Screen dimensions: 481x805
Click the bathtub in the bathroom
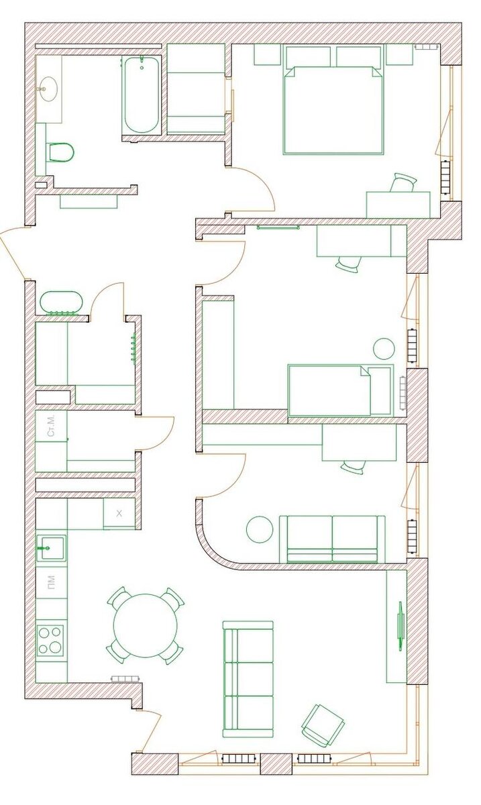(142, 95)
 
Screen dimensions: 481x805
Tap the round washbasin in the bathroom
(47, 89)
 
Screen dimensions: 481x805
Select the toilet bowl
(60, 152)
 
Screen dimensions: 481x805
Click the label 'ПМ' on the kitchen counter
(52, 580)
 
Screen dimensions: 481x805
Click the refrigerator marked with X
(119, 514)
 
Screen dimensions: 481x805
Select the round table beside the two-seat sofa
(259, 529)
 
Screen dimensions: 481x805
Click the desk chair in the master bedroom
(404, 183)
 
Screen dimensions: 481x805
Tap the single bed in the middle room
(339, 390)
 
